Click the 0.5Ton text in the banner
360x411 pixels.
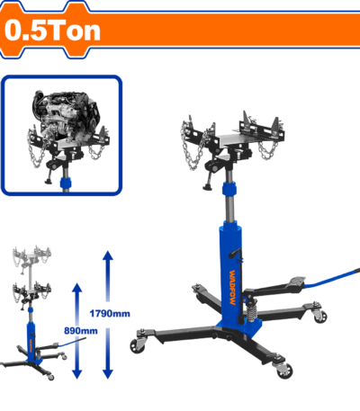[52, 31]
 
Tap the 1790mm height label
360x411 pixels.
[110, 314]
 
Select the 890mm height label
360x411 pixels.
[81, 331]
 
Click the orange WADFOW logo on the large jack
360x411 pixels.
[232, 288]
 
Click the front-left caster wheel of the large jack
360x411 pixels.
[138, 345]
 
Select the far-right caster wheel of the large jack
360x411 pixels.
[319, 316]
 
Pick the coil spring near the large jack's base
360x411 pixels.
[251, 311]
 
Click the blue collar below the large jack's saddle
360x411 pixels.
[229, 189]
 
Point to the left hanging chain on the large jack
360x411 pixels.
[191, 147]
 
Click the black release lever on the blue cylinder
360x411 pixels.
[235, 253]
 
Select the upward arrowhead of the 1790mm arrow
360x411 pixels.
[108, 255]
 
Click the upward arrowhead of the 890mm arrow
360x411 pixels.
[77, 288]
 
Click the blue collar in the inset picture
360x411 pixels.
[66, 183]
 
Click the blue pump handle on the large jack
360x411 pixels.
[332, 278]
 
